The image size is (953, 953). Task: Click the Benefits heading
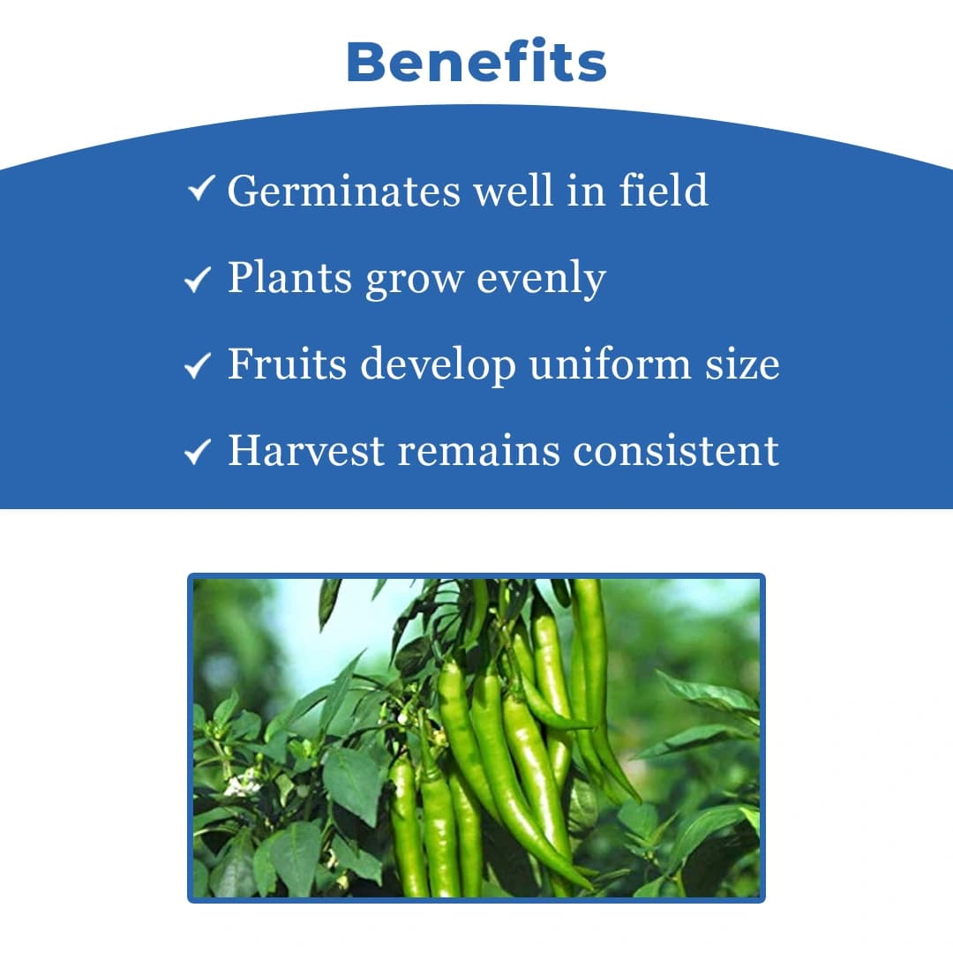click(476, 63)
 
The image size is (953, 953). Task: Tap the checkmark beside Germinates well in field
click(202, 189)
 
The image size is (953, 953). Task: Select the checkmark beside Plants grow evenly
click(197, 281)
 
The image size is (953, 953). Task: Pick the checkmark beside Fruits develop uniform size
click(197, 366)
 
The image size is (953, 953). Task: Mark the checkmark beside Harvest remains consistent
click(197, 453)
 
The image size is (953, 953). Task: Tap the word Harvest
click(306, 450)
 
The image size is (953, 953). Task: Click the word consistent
click(676, 450)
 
